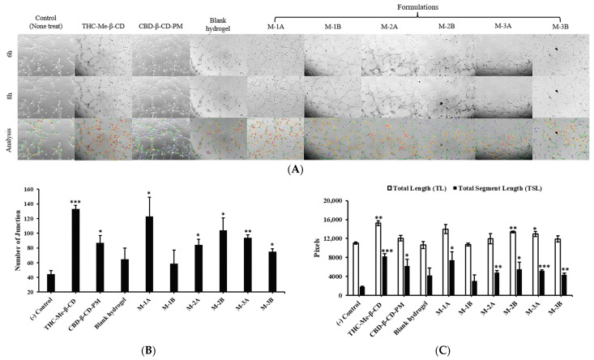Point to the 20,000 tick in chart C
coord(340,198)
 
